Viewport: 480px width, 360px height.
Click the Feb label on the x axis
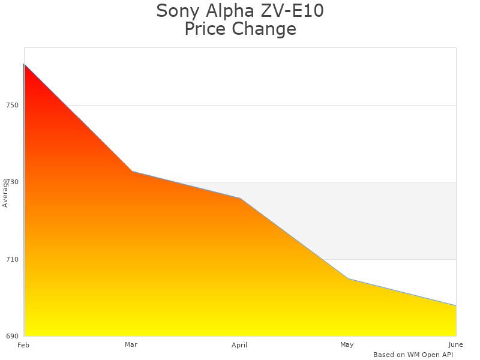pyautogui.click(x=23, y=345)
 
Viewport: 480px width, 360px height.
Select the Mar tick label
pyautogui.click(x=131, y=344)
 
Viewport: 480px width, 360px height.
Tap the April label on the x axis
pyautogui.click(x=239, y=345)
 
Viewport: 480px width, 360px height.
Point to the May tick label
pyautogui.click(x=347, y=344)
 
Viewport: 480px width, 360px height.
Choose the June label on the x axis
pyautogui.click(x=455, y=344)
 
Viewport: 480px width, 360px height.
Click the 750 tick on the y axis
pyautogui.click(x=13, y=106)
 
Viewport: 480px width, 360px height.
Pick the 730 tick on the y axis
pyautogui.click(x=13, y=182)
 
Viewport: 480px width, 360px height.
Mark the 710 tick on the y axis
pyautogui.click(x=13, y=259)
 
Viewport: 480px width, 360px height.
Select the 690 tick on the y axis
pyautogui.click(x=13, y=336)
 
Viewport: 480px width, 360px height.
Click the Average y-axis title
pyautogui.click(x=5, y=193)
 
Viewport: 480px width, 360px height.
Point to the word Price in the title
pyautogui.click(x=205, y=29)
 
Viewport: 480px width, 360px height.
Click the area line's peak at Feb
pyautogui.click(x=24, y=64)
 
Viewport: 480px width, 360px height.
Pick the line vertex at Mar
pyautogui.click(x=132, y=172)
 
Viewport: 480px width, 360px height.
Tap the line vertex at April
pyautogui.click(x=240, y=198)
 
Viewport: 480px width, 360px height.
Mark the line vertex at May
pyautogui.click(x=348, y=278)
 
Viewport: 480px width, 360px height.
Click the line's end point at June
pyautogui.click(x=456, y=305)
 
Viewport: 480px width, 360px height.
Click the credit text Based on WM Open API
pyautogui.click(x=413, y=355)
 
